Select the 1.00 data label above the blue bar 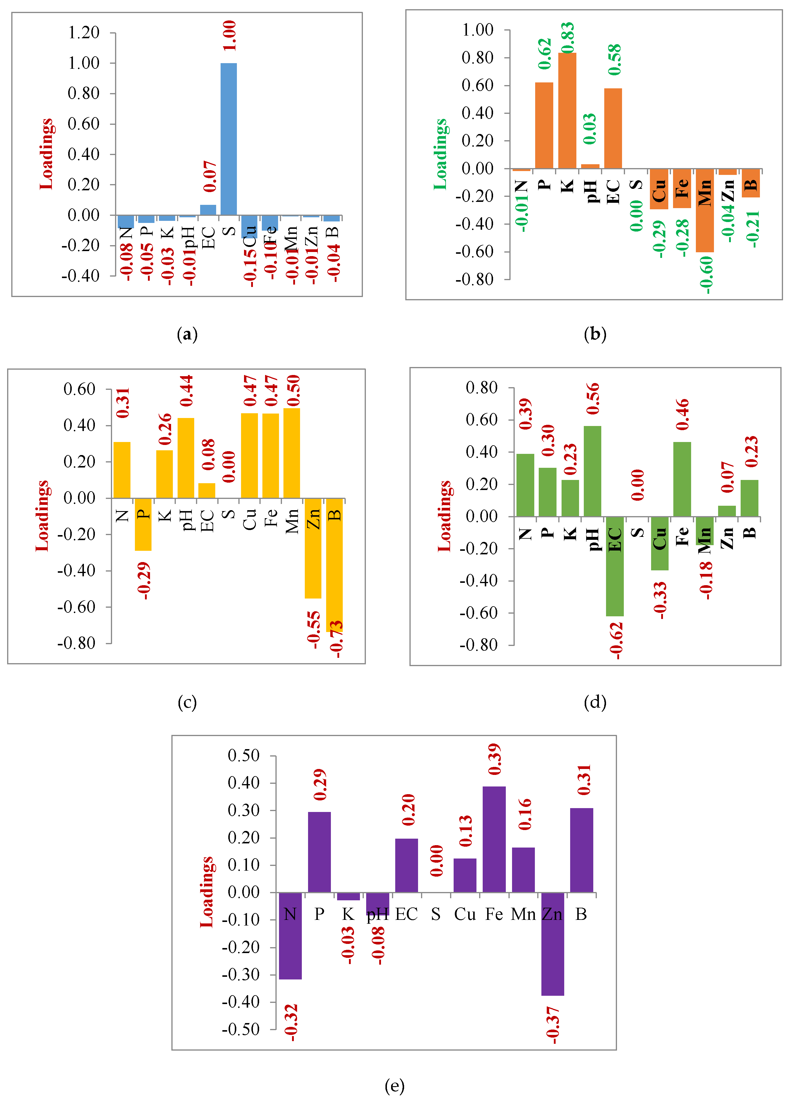(x=229, y=36)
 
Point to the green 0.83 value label (x=567, y=37)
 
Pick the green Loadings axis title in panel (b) (x=440, y=154)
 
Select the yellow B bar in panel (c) (x=334, y=563)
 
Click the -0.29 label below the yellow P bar (x=144, y=581)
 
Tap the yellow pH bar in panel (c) (x=186, y=457)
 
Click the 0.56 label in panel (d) (x=593, y=398)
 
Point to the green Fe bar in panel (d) (x=682, y=479)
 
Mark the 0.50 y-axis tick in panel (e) (x=244, y=756)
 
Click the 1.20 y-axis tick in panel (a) (x=84, y=33)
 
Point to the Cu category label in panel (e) (x=465, y=914)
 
